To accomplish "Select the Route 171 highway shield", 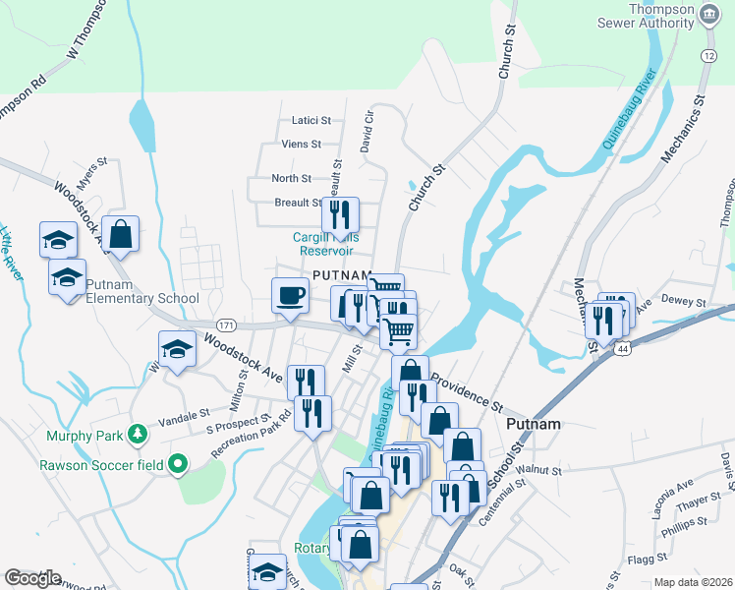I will [x=226, y=324].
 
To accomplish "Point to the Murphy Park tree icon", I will [x=139, y=433].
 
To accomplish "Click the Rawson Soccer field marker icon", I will [x=177, y=462].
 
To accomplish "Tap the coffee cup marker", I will [x=290, y=296].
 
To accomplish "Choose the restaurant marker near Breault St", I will [x=340, y=214].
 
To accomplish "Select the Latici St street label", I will [x=311, y=121].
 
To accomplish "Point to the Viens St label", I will [x=301, y=145].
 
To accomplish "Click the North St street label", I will [x=291, y=179].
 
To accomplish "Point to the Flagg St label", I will [x=647, y=560].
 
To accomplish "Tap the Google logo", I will [x=32, y=578].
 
